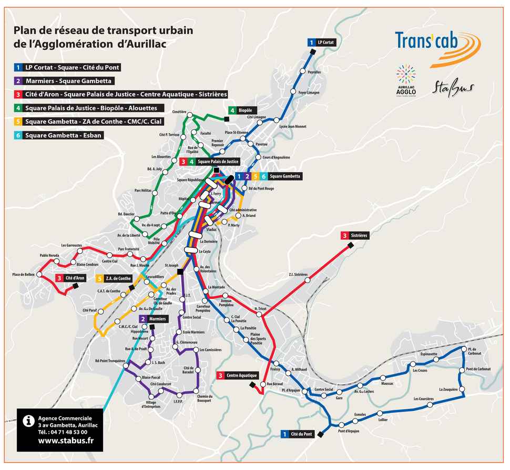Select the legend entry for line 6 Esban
(58, 135)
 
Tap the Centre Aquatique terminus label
(238, 375)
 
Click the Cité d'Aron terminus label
(70, 278)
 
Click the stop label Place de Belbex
(23, 275)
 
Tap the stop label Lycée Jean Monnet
(293, 126)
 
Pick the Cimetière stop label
(179, 113)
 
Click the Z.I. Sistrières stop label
(298, 274)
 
